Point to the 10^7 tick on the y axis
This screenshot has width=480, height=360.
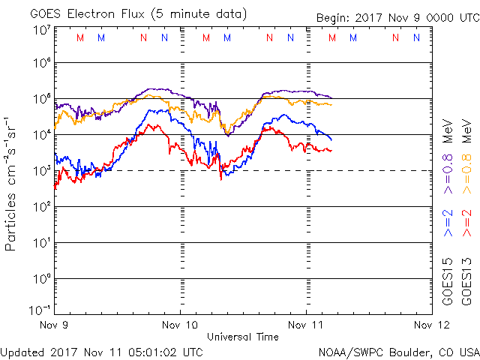tap(40, 30)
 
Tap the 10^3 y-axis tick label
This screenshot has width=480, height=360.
tap(40, 170)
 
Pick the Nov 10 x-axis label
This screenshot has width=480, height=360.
tap(181, 325)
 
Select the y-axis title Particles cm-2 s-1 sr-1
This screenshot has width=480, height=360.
tap(12, 184)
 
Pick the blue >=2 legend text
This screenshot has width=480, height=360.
tap(447, 223)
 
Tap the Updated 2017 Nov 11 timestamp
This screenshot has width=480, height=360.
tap(101, 351)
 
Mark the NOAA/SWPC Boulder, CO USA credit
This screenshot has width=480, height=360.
tap(397, 351)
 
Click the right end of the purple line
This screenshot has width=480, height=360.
tap(331, 97)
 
